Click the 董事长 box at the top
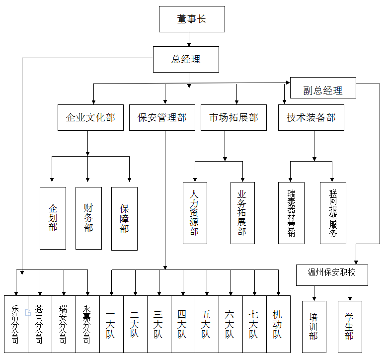coord(192,19)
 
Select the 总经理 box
coord(186,60)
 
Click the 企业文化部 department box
coord(90,118)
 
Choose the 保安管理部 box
coord(162,118)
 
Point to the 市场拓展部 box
coord(233,118)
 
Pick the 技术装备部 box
coord(311,118)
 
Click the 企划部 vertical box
coord(53,218)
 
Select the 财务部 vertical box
coord(88,218)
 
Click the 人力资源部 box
coord(195,213)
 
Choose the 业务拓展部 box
coord(242,213)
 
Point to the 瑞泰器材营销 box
coord(291,213)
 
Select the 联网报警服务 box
coord(333,213)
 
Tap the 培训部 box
coord(314,326)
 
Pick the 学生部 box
coord(350,326)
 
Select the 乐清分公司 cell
coord(16,324)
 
